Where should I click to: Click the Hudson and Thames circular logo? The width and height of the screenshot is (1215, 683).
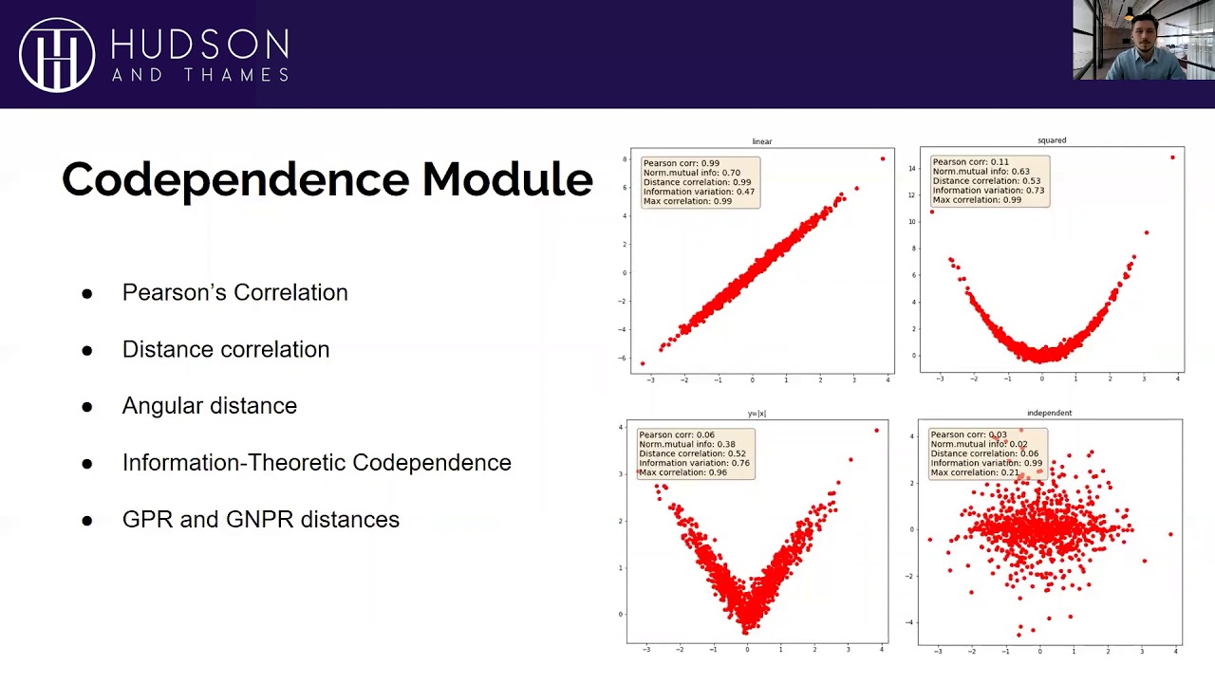[x=57, y=55]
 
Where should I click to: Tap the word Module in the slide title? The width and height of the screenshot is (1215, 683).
[x=507, y=179]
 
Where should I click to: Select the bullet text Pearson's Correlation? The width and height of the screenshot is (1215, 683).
[x=234, y=292]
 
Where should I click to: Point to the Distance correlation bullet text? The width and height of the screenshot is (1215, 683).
[x=226, y=349]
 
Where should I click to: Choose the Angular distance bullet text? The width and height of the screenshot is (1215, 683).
[x=209, y=406]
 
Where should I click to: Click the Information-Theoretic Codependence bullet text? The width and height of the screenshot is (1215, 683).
[x=316, y=463]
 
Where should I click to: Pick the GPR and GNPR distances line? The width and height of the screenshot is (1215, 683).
[x=260, y=520]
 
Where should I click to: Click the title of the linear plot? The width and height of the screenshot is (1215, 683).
[x=762, y=141]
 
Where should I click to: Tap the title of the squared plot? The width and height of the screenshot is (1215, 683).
[x=1052, y=140]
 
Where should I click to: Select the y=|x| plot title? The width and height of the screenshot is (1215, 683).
[x=757, y=414]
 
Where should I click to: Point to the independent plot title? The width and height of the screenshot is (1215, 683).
[x=1049, y=414]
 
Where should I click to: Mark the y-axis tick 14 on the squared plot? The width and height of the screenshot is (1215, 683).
[x=912, y=169]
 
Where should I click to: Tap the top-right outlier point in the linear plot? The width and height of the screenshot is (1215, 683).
[x=883, y=158]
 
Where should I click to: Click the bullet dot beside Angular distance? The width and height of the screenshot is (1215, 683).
[x=87, y=407]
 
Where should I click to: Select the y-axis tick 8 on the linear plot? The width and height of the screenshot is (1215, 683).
[x=625, y=158]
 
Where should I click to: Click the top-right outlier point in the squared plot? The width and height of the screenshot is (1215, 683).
[x=1172, y=157]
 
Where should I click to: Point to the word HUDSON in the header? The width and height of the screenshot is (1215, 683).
[x=199, y=44]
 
